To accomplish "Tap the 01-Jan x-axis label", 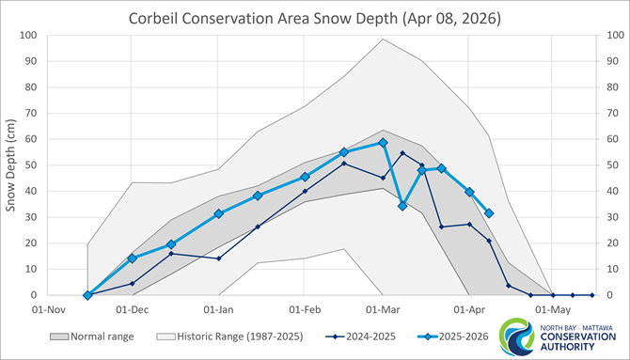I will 218,308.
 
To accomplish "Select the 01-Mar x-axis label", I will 382,308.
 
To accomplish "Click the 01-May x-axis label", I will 552,308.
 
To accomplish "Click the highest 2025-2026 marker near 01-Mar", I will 383,143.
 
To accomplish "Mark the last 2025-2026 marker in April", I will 489,213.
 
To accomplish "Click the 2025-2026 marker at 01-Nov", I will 87,295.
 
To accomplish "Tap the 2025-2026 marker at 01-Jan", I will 218,213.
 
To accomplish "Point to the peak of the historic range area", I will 383,39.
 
